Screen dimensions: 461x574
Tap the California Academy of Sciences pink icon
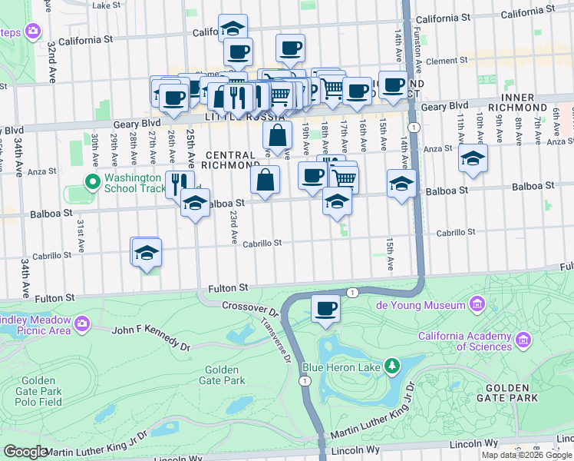coord(524,339)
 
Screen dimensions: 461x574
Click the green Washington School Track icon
coord(92,182)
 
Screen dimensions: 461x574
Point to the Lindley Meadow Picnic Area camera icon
coord(82,322)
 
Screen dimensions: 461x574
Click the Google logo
coord(25,452)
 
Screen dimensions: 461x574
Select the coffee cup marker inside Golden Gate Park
coord(326,309)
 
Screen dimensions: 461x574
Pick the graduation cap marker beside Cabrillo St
coord(145,251)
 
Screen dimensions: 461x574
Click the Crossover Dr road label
coord(249,307)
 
